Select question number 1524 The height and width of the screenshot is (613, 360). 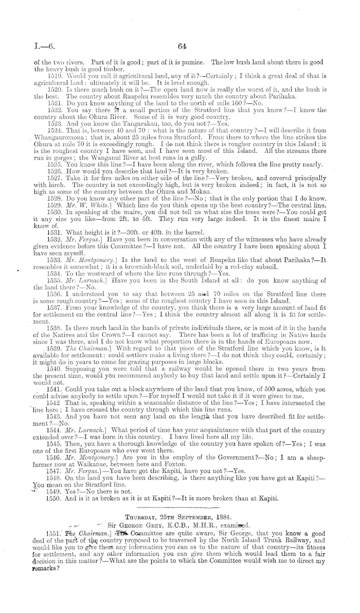pyautogui.click(x=55, y=125)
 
